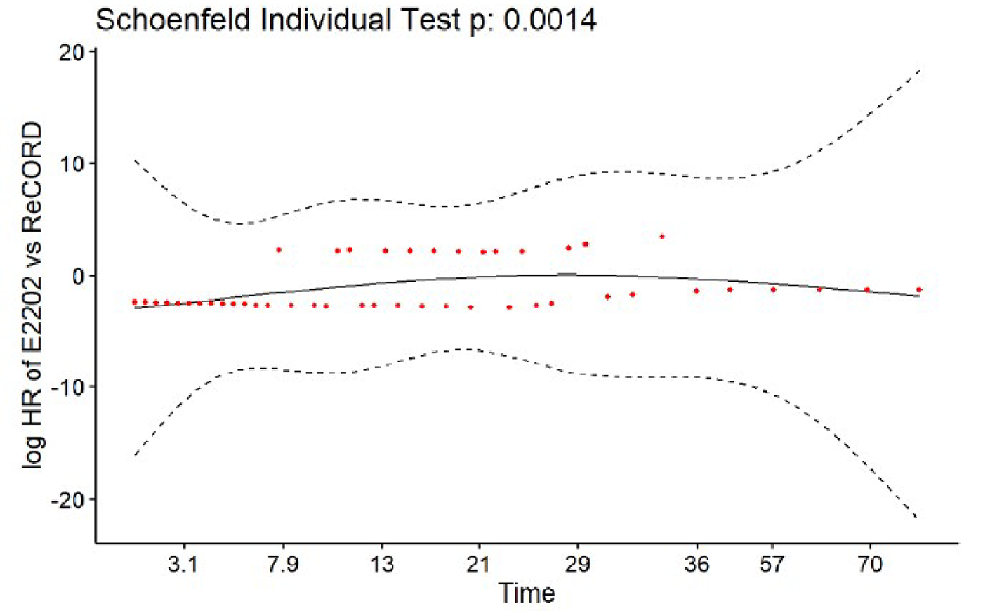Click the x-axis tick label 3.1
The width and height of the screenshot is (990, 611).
click(183, 565)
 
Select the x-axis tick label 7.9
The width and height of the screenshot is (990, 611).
click(283, 565)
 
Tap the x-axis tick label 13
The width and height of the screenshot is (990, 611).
click(382, 565)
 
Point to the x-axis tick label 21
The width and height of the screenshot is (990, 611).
click(479, 565)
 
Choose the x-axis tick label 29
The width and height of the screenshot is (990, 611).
click(578, 565)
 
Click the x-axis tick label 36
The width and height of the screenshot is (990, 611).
click(697, 565)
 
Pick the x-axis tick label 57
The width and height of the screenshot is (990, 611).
click(772, 565)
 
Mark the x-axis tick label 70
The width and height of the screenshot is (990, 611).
click(870, 565)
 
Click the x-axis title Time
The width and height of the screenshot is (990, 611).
click(527, 593)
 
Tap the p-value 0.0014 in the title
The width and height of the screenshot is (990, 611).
click(550, 20)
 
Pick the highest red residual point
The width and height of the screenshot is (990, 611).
click(662, 237)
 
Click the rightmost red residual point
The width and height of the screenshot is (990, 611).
click(918, 289)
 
